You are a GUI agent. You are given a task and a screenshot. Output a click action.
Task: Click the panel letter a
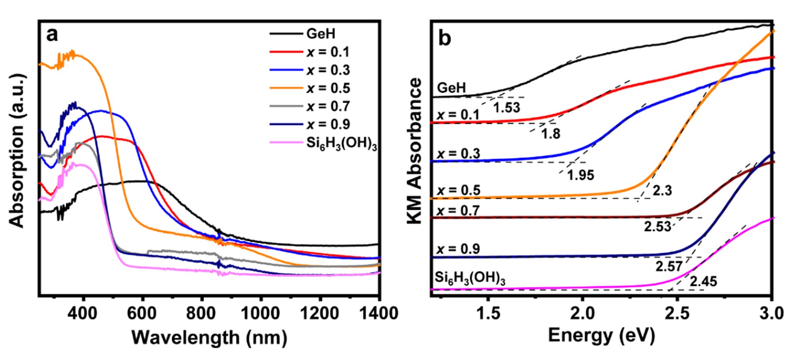pos(52,35)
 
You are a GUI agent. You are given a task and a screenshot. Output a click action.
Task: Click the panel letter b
pos(445,38)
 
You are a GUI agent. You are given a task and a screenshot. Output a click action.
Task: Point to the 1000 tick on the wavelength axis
pos(261,313)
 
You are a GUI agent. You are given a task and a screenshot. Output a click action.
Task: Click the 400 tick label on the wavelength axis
pos(83,313)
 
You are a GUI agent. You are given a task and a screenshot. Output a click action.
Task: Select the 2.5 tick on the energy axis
pos(676,313)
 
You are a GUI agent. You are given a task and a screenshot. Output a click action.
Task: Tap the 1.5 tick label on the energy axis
pos(487,313)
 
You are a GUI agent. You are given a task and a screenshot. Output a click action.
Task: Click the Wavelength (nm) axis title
pos(209,338)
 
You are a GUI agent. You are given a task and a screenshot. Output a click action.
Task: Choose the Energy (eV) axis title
pos(601,336)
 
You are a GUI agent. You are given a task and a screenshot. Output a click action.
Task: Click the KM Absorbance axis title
pos(415,151)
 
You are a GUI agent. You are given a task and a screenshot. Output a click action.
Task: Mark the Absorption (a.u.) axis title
pos(17,151)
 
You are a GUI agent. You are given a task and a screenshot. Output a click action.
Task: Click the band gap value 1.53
pos(506,108)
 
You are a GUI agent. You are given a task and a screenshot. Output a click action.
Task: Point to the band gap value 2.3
pos(662,191)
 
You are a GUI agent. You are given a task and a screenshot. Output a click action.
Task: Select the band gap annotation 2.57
pos(668,266)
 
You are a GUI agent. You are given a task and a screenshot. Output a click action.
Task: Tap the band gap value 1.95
pos(581,175)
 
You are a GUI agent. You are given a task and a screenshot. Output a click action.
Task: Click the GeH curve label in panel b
pos(451,88)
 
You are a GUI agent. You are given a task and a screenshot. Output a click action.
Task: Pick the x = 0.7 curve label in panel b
pos(458,210)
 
